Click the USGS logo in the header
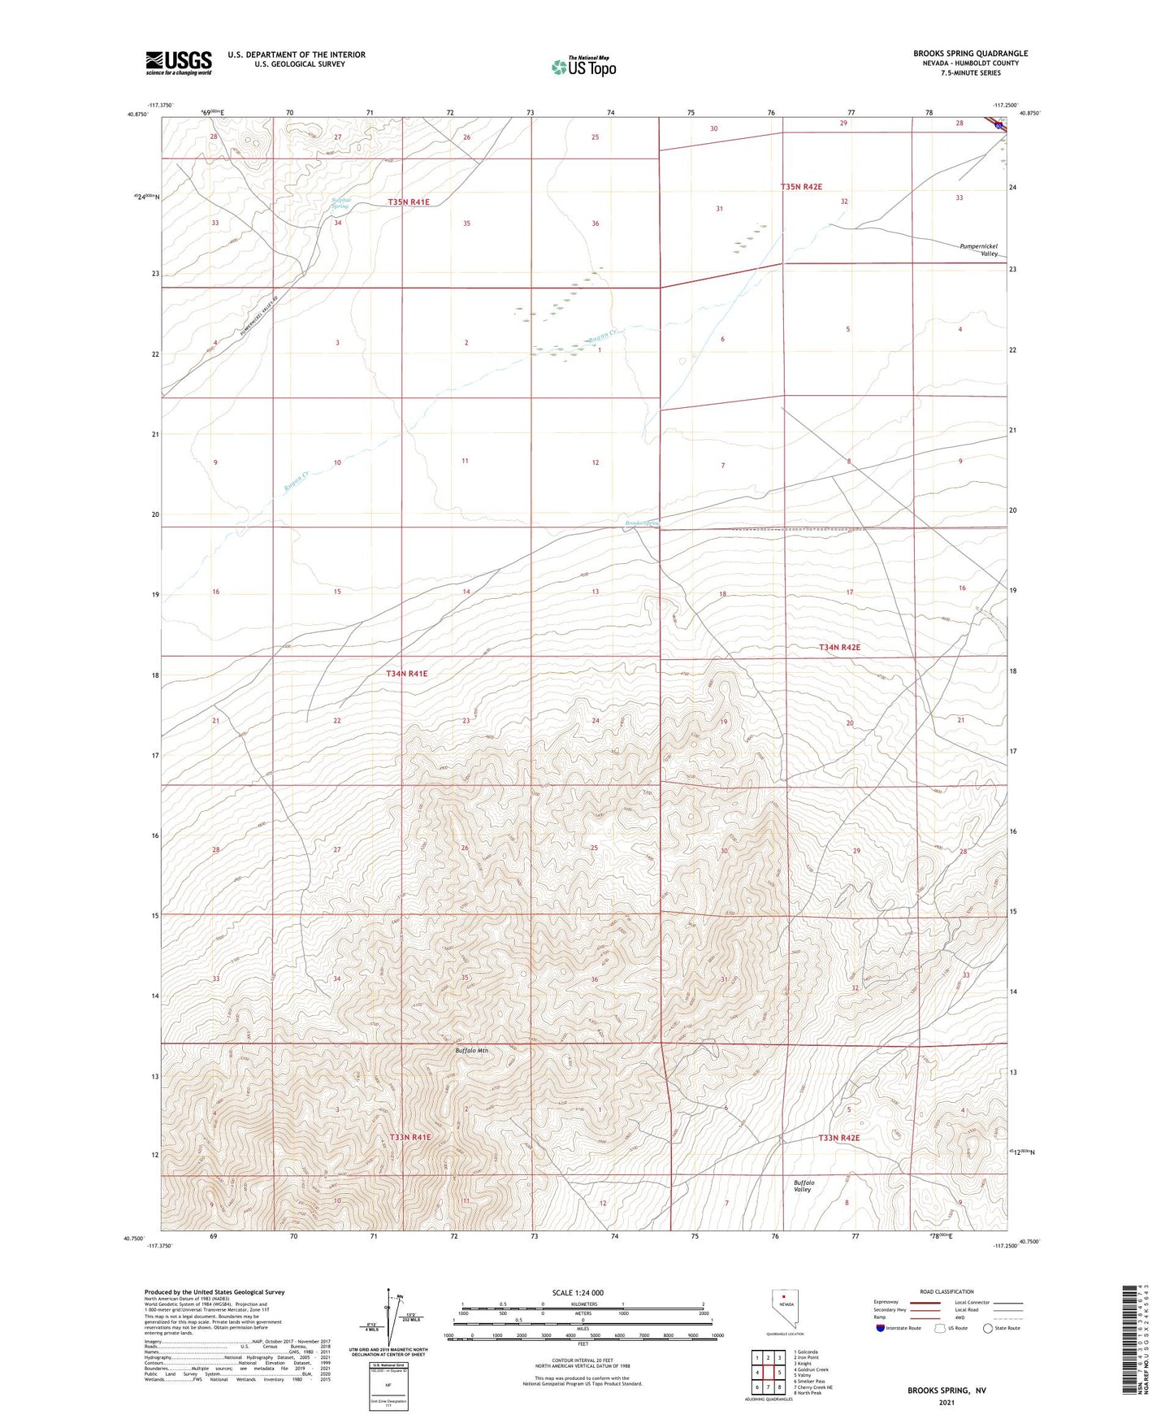click(179, 63)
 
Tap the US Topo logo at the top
click(583, 67)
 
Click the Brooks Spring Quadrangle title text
click(970, 54)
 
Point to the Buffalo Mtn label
click(471, 1051)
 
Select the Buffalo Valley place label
click(804, 1186)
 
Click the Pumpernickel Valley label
click(978, 250)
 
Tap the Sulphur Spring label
click(340, 203)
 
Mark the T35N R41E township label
click(409, 202)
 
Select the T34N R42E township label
click(839, 648)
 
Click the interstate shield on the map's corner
click(997, 124)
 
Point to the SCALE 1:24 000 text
click(578, 1293)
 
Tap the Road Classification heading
click(947, 1291)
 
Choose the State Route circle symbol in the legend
click(988, 1329)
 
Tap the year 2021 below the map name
click(946, 1403)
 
